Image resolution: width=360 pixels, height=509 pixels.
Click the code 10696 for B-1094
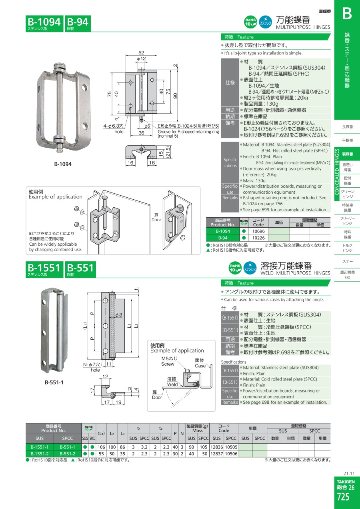point(258,231)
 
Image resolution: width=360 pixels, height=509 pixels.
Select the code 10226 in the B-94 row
point(258,238)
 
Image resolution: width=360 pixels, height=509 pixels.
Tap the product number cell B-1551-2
point(39,454)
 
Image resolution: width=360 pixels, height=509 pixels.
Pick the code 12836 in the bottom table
point(216,447)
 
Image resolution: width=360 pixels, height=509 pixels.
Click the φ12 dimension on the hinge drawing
point(141,59)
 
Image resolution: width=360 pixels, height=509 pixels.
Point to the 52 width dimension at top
point(141,52)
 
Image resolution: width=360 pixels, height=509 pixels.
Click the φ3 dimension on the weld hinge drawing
point(118,315)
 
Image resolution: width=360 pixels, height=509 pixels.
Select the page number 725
point(343,497)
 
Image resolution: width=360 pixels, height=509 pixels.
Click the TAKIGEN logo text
point(346,482)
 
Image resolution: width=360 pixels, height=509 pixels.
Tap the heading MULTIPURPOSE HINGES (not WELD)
point(303,27)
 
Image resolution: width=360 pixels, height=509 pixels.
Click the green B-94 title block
point(78,24)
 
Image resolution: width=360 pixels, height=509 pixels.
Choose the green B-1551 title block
point(44,269)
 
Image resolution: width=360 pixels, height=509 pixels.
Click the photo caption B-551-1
point(54,383)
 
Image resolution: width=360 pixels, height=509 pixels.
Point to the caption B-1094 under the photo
point(63,164)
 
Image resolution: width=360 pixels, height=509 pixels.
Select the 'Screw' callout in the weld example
point(168,364)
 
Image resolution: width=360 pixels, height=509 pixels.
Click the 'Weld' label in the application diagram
point(172,384)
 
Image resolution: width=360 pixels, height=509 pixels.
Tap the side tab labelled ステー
point(348,262)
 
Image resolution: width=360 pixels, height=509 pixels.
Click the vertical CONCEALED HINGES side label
point(337,172)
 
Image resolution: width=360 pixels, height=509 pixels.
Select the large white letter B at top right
point(347,14)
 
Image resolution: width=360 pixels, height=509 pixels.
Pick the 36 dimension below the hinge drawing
point(141,133)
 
